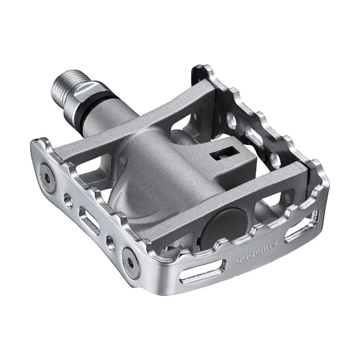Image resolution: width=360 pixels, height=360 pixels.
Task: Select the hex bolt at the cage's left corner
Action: click(47, 171)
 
